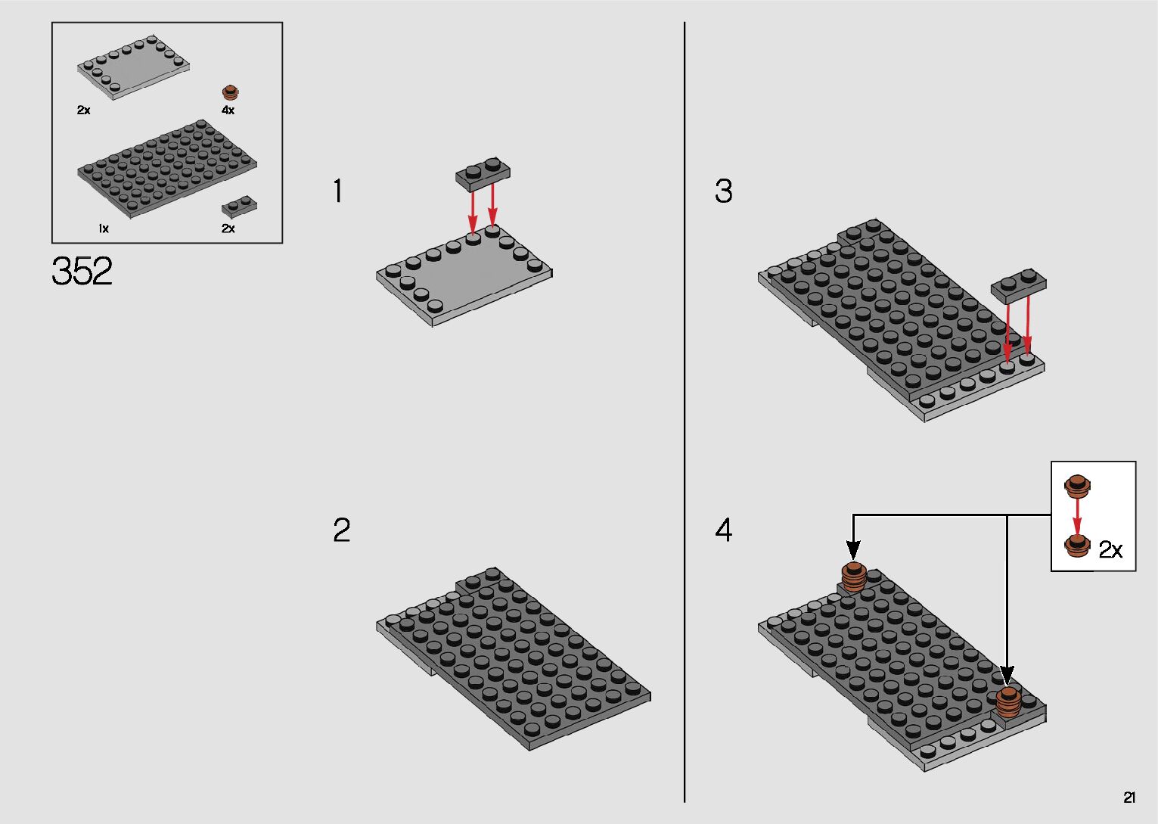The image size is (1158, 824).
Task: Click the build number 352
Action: click(82, 271)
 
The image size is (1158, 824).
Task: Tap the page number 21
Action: click(1129, 797)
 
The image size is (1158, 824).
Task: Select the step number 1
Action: click(338, 191)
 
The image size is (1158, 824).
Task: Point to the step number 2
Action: click(341, 530)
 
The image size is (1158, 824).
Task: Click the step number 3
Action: click(723, 191)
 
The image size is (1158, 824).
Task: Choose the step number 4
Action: click(723, 530)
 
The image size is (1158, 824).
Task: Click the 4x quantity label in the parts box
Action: click(228, 110)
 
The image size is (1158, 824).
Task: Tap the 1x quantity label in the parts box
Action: click(104, 228)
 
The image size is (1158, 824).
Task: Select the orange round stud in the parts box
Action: click(231, 92)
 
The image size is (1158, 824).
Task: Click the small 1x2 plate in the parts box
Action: click(239, 207)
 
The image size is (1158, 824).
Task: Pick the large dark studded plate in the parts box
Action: click(167, 169)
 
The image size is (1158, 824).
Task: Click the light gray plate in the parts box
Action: click(133, 67)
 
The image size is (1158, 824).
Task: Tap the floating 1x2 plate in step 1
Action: click(483, 173)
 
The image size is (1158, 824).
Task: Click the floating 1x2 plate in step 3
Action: click(1018, 285)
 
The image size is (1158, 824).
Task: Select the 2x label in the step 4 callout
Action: click(1110, 550)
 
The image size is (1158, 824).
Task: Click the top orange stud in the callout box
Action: click(1077, 486)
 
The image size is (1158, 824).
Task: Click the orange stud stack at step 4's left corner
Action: click(853, 577)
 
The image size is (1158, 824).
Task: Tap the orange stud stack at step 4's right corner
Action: click(1008, 702)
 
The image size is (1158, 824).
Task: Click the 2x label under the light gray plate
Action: click(83, 110)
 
